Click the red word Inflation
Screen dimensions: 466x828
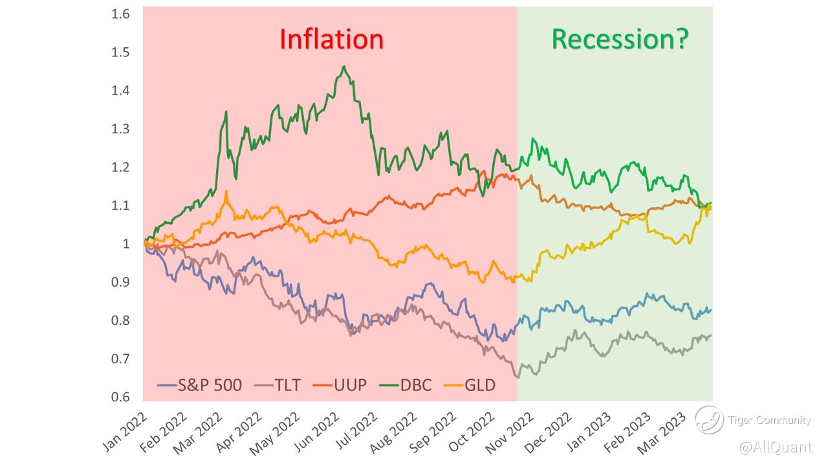(x=331, y=39)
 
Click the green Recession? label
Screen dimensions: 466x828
(x=620, y=39)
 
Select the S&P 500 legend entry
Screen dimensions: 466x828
(x=200, y=386)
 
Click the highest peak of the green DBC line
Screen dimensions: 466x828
(x=343, y=65)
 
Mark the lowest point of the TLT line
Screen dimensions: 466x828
(x=517, y=377)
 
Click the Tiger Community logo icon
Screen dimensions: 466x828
(x=709, y=419)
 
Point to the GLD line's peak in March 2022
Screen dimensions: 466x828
(x=226, y=192)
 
